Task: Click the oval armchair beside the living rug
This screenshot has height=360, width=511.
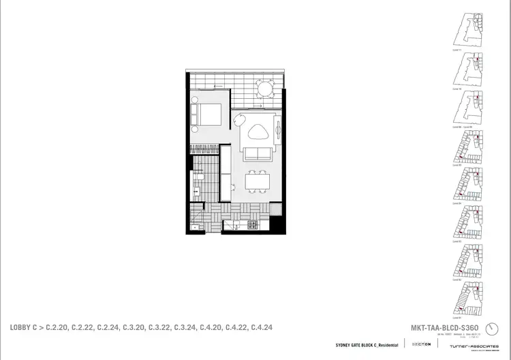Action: (x=238, y=121)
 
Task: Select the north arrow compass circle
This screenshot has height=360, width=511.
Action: (x=503, y=330)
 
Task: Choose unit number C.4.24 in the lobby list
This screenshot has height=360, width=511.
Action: (x=262, y=328)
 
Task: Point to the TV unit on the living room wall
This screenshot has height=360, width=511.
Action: (x=277, y=130)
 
